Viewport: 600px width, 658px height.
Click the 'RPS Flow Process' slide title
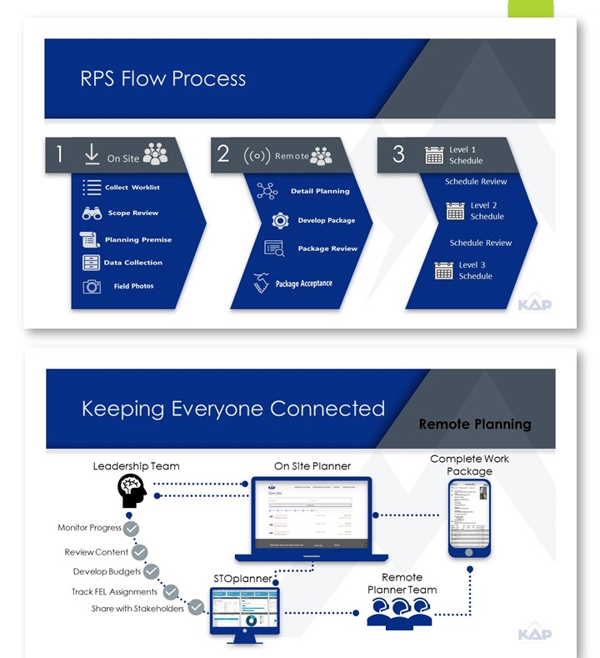[163, 79]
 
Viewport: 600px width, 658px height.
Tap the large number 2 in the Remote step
[223, 153]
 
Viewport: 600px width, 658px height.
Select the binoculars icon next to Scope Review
[92, 213]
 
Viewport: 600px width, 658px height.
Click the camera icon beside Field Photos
[92, 287]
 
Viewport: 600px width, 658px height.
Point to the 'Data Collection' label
[133, 263]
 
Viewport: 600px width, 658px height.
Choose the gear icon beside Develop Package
[281, 221]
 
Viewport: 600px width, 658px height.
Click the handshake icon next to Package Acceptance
[262, 282]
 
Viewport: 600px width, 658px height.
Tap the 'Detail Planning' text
[320, 192]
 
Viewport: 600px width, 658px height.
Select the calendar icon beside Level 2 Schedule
[455, 211]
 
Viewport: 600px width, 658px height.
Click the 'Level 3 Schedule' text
[476, 270]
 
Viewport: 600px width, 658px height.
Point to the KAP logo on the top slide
[533, 303]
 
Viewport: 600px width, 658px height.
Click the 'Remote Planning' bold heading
[475, 424]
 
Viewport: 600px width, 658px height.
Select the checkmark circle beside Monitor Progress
[131, 529]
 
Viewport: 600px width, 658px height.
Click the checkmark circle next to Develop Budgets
[151, 571]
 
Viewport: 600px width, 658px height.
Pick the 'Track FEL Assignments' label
[114, 592]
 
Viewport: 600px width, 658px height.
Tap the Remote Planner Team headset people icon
[399, 612]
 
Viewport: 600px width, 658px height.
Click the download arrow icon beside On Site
[92, 155]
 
